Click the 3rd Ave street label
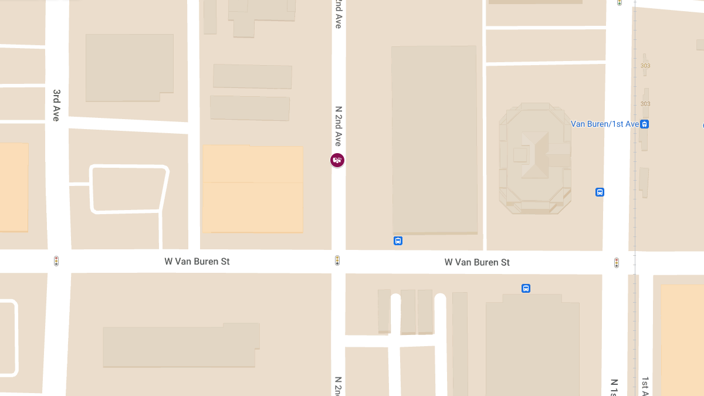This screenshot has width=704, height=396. [x=56, y=105]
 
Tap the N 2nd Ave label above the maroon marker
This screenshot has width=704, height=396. [x=338, y=126]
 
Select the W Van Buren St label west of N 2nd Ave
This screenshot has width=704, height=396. [x=197, y=261]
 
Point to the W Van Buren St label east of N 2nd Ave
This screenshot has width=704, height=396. [x=477, y=262]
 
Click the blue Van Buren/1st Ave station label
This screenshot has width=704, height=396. [x=604, y=124]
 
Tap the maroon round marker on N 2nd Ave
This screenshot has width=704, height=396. [x=337, y=160]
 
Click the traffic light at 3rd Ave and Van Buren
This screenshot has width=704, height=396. [x=56, y=261]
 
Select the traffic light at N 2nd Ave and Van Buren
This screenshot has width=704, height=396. [x=337, y=260]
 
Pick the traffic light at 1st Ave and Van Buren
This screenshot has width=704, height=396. [x=617, y=263]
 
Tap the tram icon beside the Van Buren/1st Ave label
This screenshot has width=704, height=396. [x=645, y=124]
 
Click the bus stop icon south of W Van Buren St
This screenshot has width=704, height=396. [x=526, y=288]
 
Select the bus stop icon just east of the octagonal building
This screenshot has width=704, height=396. [x=600, y=192]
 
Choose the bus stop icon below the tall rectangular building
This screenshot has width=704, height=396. [x=398, y=241]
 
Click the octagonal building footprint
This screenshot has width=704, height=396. [x=534, y=158]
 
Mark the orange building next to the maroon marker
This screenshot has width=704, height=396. [x=253, y=189]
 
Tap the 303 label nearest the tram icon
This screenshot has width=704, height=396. [x=645, y=104]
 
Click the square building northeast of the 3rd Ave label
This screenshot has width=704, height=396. [x=130, y=67]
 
